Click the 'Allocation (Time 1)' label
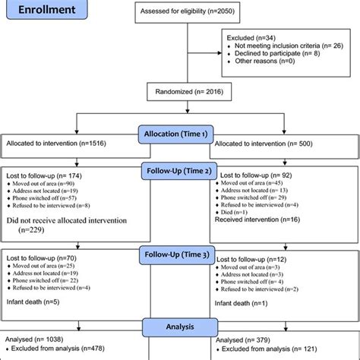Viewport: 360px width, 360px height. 179,134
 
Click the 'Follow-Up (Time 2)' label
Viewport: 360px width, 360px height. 179,172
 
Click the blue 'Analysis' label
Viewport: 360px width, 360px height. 179,327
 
